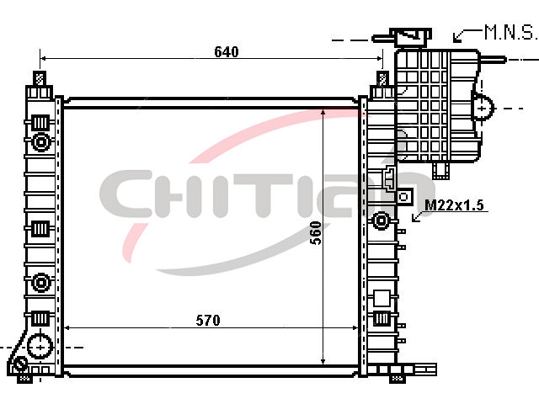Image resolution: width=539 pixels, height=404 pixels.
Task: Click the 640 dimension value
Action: (x=227, y=52)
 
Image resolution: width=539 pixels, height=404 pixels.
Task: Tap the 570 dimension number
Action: (x=208, y=320)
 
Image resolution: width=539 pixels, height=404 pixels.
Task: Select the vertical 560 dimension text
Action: (x=316, y=233)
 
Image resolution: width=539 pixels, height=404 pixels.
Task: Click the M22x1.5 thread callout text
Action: (x=454, y=205)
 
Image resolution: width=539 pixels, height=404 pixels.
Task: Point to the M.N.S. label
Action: (x=510, y=32)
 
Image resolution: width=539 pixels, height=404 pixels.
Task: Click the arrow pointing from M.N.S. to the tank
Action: (x=467, y=35)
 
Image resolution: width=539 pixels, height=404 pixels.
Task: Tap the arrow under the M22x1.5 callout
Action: (x=418, y=215)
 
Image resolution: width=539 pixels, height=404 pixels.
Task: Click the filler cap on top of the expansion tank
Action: (x=410, y=37)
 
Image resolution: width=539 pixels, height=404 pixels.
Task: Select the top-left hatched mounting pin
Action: (x=40, y=78)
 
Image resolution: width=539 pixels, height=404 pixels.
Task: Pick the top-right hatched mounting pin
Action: (x=382, y=78)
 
